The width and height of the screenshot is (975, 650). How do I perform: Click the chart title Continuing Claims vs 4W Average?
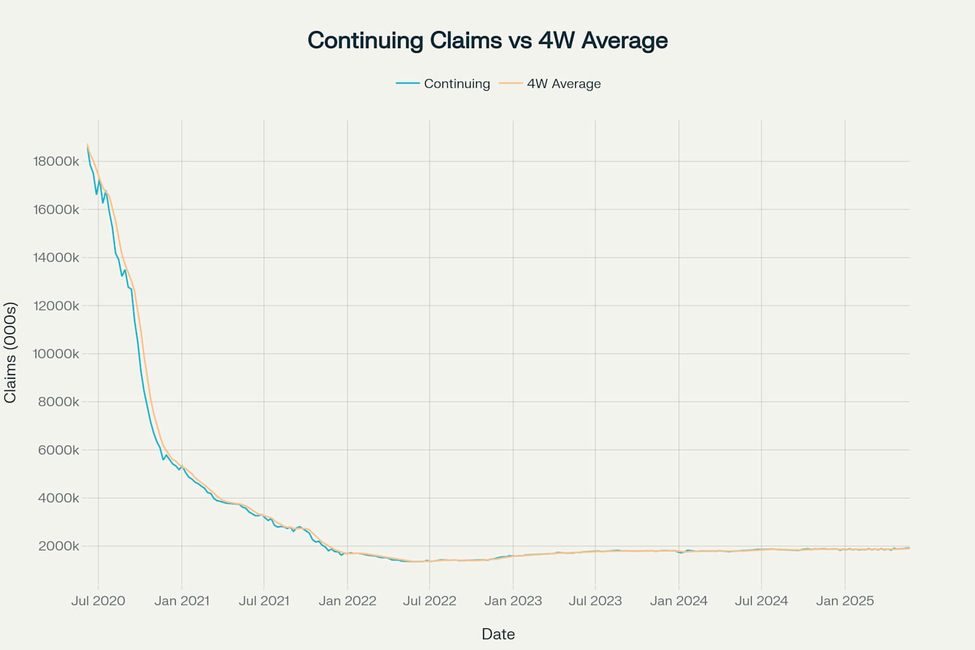point(487,41)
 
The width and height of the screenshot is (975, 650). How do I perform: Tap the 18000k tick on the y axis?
point(56,161)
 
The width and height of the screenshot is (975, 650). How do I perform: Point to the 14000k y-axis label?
point(56,258)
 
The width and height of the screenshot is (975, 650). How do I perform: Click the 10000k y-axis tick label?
point(56,354)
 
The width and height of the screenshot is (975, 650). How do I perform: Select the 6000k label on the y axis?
point(58,450)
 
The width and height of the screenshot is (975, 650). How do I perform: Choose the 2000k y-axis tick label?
point(58,546)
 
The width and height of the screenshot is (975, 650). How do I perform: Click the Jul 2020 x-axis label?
point(98,600)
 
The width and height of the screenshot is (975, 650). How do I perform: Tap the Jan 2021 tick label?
point(182,600)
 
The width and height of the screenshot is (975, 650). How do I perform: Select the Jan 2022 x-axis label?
point(347,600)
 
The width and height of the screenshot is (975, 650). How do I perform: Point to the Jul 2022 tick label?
point(430,600)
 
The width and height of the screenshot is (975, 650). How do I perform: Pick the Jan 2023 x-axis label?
point(513,600)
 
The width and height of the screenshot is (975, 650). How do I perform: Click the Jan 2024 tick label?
point(679,600)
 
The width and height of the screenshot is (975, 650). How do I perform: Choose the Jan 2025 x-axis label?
point(845,600)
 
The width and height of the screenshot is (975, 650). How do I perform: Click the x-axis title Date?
point(498,633)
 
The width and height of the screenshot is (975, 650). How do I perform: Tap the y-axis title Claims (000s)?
point(10,352)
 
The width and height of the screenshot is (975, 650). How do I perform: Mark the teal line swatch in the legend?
point(408,83)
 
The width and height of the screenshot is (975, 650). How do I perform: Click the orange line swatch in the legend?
point(510,83)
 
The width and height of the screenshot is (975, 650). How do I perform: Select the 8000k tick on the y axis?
point(58,402)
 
